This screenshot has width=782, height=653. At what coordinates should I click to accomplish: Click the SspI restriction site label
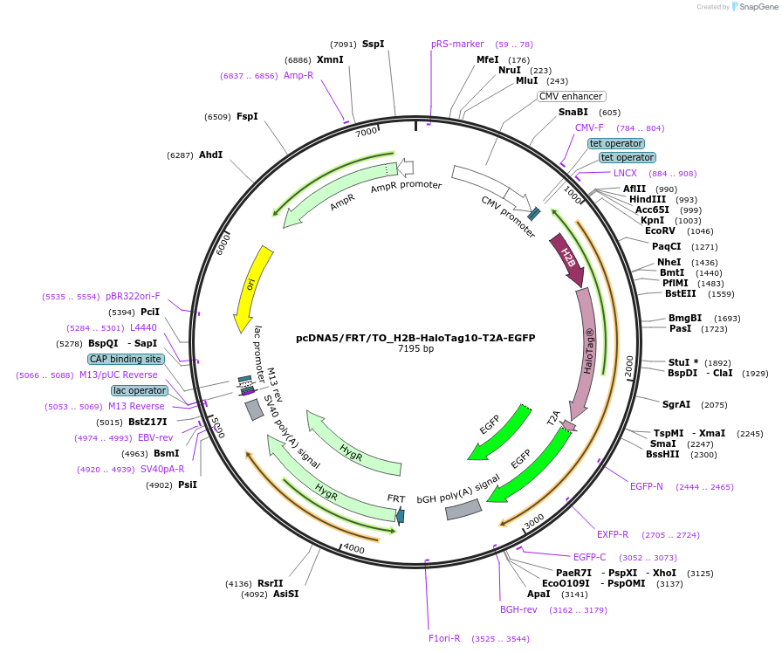(373, 44)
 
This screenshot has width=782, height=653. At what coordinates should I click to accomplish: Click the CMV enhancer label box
(571, 97)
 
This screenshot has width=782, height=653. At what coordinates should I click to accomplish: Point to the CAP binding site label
(125, 359)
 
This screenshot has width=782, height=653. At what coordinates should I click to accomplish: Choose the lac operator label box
(139, 390)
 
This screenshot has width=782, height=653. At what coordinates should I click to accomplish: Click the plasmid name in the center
(415, 337)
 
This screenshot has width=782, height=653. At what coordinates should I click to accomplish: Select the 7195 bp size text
(415, 349)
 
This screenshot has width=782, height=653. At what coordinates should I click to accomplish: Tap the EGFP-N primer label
(647, 486)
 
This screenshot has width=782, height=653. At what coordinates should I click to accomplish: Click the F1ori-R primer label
(444, 638)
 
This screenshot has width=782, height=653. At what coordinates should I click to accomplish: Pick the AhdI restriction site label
(210, 155)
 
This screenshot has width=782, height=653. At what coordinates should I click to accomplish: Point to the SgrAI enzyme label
(676, 404)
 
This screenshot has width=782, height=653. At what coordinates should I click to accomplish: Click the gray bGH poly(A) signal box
(463, 510)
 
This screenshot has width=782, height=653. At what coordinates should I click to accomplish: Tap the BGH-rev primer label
(518, 609)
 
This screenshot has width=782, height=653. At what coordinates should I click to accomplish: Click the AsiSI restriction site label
(285, 595)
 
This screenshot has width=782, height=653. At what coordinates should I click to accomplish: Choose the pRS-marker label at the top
(457, 44)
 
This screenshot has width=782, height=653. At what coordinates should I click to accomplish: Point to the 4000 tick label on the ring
(353, 548)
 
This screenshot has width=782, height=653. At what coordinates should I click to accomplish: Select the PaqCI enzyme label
(666, 246)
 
